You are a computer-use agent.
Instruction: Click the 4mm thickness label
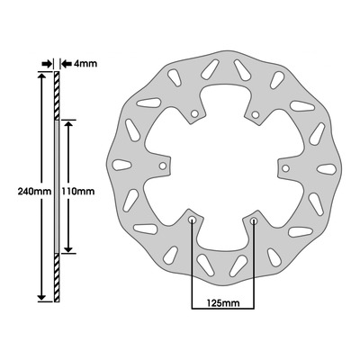click(85, 64)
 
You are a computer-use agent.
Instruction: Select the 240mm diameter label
click(34, 191)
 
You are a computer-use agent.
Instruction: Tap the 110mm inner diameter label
click(77, 191)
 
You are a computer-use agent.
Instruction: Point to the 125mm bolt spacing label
click(223, 303)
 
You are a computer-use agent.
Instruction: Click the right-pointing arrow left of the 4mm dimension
click(47, 64)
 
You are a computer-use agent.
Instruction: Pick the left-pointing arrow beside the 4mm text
click(66, 64)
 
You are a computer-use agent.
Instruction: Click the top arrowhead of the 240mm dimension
click(41, 76)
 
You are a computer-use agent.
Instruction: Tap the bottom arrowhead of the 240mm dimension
click(41, 297)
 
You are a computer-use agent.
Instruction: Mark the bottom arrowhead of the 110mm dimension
click(69, 248)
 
